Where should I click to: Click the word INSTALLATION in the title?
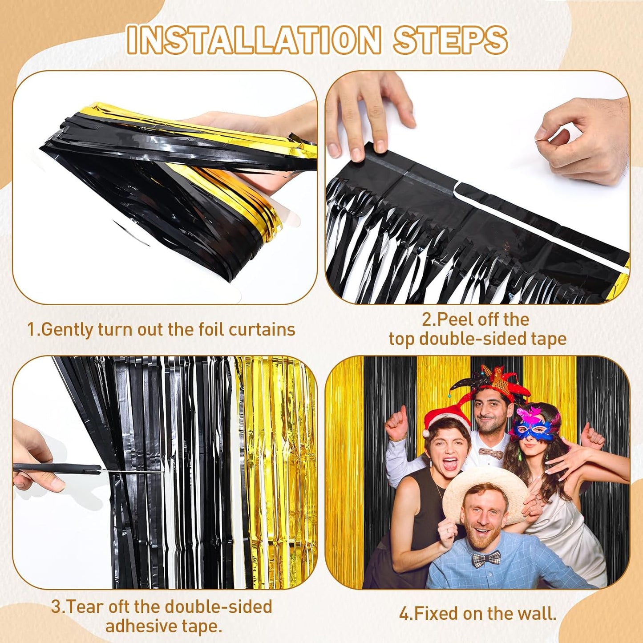click(254, 40)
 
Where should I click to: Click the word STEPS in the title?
click(450, 40)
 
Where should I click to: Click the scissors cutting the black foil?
click(58, 469)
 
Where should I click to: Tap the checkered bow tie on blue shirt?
click(486, 559)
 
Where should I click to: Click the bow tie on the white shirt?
click(491, 453)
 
